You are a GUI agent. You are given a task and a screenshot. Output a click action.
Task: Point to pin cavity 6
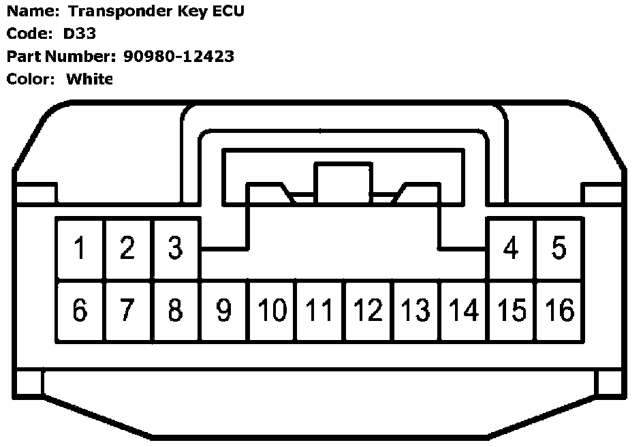(80, 311)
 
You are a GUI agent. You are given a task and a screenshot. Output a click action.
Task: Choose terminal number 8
(176, 311)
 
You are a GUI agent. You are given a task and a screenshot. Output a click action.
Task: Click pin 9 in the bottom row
(224, 311)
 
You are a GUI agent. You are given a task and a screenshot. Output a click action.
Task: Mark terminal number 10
(272, 311)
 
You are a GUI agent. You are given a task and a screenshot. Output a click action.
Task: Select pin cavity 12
(368, 311)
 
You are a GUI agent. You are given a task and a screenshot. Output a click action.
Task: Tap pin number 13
(416, 311)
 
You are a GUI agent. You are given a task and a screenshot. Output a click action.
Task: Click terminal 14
(464, 311)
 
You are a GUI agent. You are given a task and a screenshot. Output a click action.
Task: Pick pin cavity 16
(559, 311)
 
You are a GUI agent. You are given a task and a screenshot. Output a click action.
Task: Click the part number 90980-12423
(179, 57)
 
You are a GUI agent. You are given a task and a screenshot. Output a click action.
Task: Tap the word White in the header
(89, 79)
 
